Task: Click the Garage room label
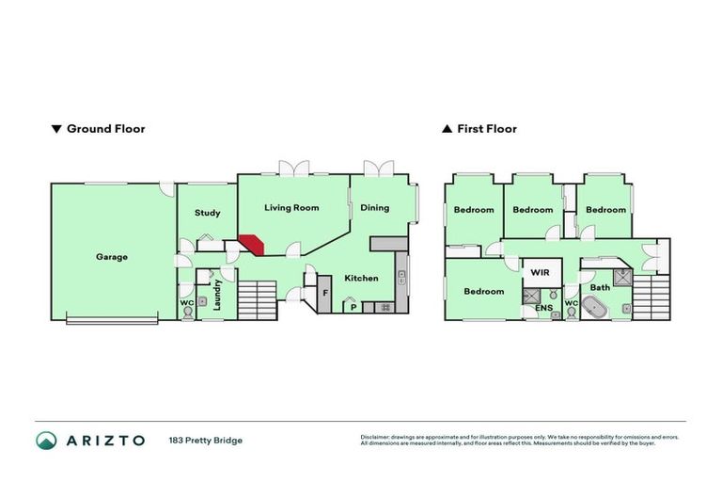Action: coord(112,256)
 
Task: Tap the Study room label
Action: coord(208,213)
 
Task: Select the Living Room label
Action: coord(291,207)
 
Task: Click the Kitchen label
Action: coord(361,278)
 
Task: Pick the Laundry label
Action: coord(217,295)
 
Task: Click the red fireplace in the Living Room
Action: coord(252,243)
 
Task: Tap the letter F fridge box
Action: coord(325,293)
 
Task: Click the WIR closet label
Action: coord(540,272)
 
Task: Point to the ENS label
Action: coord(543,308)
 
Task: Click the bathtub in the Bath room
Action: coord(595,306)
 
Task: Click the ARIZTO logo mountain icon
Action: coord(46,440)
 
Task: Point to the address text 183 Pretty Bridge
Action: coord(205,440)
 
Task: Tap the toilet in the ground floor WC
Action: coord(188,312)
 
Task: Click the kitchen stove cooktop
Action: coord(384,307)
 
